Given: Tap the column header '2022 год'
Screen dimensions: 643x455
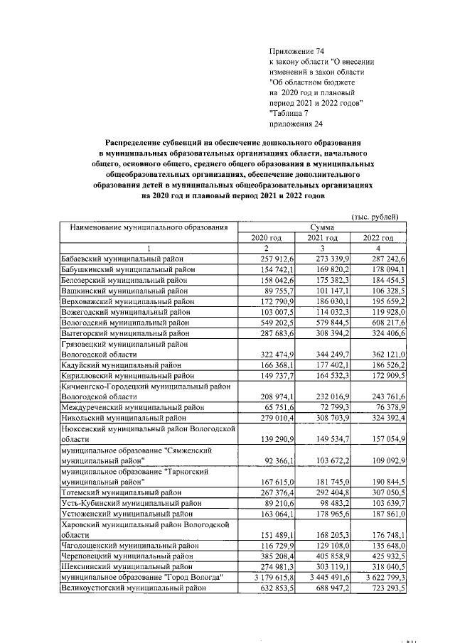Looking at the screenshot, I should (378, 238).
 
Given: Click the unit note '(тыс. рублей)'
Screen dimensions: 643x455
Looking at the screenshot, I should (375, 216).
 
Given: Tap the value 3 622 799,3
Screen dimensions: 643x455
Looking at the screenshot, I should (379, 578).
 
